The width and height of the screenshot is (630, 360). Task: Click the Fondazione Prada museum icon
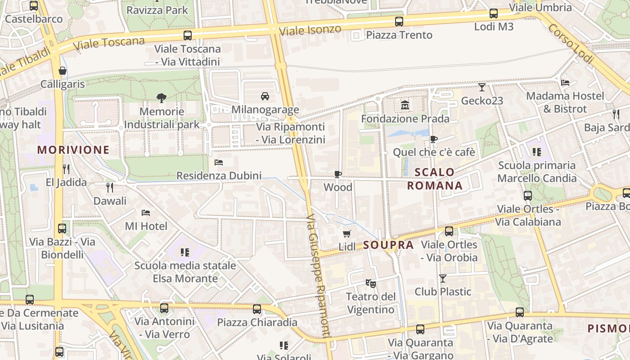tap(405, 106)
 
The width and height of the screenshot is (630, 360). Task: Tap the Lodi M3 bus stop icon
tap(494, 13)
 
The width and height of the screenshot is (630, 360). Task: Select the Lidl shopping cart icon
tap(346, 234)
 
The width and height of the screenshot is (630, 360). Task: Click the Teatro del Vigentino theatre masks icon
tap(370, 283)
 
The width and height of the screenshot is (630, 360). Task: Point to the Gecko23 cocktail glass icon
tap(482, 87)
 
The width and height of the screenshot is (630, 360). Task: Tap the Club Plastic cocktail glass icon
tap(443, 279)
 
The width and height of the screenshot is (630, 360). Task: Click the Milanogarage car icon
tap(265, 96)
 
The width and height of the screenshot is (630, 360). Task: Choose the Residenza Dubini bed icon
tap(219, 162)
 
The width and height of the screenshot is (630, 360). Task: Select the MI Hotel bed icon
tap(146, 213)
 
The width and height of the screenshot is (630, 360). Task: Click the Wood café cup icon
tap(338, 174)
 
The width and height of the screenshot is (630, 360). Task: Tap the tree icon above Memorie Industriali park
tap(162, 98)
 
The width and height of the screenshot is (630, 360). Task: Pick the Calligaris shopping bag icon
tap(63, 71)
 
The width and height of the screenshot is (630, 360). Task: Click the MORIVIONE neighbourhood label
tap(73, 150)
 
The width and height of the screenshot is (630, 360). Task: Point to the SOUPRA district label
tap(388, 245)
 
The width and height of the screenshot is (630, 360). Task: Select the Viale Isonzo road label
tap(310, 30)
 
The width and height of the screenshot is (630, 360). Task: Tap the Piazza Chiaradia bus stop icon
tap(257, 309)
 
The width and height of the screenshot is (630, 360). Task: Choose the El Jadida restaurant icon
tap(66, 169)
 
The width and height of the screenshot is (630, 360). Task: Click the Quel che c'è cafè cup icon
tap(433, 139)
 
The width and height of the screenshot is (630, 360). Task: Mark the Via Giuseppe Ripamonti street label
tap(319, 275)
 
